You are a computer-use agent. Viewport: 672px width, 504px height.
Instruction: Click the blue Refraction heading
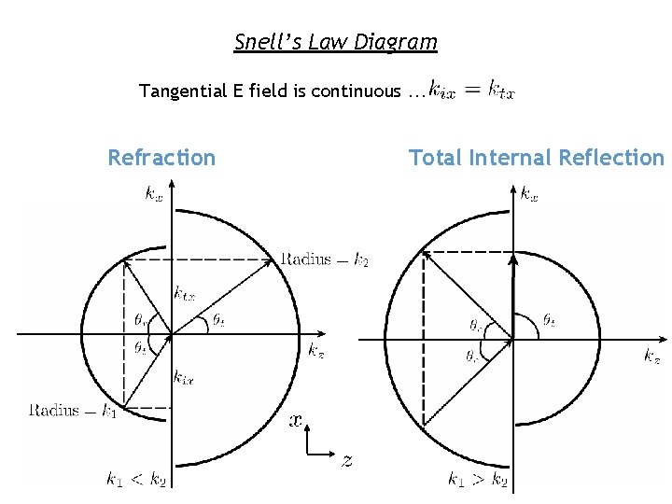pyautogui.click(x=161, y=158)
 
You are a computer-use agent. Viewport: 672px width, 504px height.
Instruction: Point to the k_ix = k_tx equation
pyautogui.click(x=471, y=91)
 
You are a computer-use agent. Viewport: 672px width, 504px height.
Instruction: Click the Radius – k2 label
pyautogui.click(x=324, y=259)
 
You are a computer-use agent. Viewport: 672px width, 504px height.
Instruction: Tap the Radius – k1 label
pyautogui.click(x=71, y=410)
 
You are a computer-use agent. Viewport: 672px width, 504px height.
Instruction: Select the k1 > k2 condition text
pyautogui.click(x=477, y=480)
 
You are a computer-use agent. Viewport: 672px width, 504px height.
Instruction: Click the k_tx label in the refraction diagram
pyautogui.click(x=184, y=293)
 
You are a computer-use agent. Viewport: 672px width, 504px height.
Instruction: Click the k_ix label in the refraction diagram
pyautogui.click(x=183, y=378)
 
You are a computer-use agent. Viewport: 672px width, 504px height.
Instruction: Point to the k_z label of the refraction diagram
pyautogui.click(x=316, y=350)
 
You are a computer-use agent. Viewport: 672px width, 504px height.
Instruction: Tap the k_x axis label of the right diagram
pyautogui.click(x=529, y=194)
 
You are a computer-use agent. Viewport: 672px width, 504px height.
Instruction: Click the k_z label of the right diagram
pyautogui.click(x=652, y=356)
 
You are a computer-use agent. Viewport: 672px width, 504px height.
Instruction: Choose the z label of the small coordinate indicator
pyautogui.click(x=346, y=459)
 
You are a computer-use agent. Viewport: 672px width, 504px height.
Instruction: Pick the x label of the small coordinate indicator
pyautogui.click(x=296, y=421)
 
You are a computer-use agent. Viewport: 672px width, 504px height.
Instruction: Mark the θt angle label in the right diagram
pyautogui.click(x=550, y=321)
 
